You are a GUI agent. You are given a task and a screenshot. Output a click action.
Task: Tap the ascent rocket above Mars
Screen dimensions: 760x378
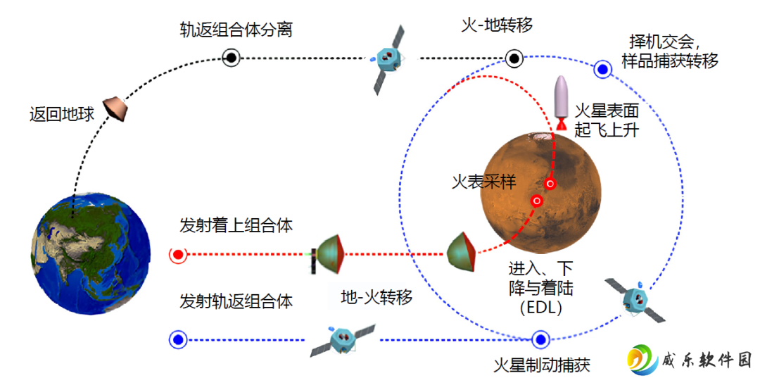click(562, 103)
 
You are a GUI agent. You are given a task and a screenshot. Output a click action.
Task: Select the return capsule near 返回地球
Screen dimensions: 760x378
click(116, 110)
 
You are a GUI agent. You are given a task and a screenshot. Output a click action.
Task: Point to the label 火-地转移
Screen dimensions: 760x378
click(498, 24)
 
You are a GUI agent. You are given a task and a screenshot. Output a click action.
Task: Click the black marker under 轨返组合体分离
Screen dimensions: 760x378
click(232, 58)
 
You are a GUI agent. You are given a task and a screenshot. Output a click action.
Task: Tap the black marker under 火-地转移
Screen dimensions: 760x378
click(514, 58)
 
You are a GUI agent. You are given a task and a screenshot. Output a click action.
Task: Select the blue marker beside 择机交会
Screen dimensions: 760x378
click(602, 69)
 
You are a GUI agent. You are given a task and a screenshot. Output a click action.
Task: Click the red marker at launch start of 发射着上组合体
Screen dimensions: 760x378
click(178, 254)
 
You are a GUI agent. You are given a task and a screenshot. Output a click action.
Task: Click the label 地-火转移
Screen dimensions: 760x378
click(376, 297)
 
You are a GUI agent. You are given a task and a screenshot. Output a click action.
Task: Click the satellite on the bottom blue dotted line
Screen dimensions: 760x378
click(343, 339)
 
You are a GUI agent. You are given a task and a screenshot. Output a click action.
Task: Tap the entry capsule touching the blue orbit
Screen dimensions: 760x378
click(462, 252)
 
